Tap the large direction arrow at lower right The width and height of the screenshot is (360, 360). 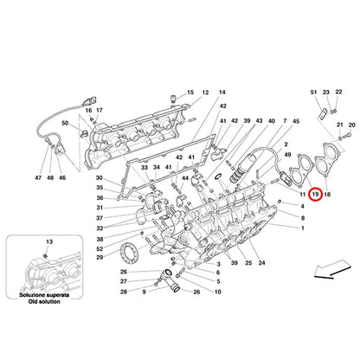pos(332,268)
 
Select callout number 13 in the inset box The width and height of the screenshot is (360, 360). pos(49,241)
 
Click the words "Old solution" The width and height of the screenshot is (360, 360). pos(44,302)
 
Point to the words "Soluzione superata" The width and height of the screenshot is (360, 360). pos(44,295)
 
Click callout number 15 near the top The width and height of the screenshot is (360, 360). pos(190,93)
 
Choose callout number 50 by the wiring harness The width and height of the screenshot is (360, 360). pos(65,123)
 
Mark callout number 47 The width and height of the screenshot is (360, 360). pos(38,177)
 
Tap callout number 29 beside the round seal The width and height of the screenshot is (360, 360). pos(100,257)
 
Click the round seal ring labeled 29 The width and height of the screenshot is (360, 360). pos(129,252)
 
